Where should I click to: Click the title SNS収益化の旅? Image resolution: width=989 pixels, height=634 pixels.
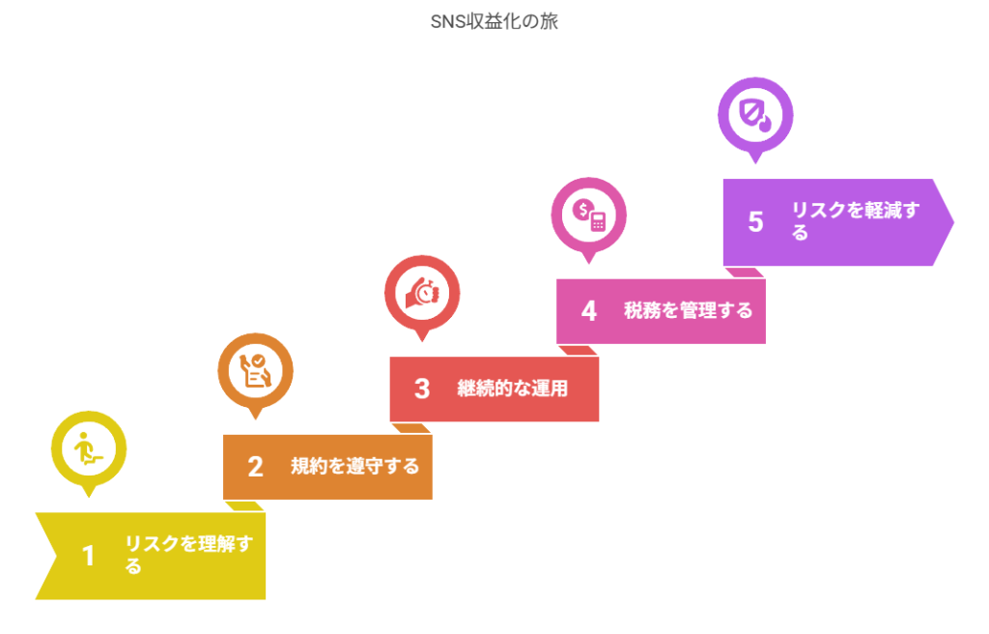(494, 21)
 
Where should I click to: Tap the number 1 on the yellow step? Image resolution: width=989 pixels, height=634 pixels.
(89, 556)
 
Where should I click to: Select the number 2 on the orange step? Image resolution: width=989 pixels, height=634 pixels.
(255, 467)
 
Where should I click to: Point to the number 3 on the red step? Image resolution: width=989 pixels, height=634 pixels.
(422, 389)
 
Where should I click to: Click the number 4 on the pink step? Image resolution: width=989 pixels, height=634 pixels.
(588, 311)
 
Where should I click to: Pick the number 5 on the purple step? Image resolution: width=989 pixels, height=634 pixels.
(755, 221)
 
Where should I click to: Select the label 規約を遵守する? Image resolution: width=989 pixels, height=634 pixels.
(355, 466)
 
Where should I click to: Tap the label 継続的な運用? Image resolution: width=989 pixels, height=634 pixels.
(512, 389)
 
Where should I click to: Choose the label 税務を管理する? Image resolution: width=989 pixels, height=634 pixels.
(688, 310)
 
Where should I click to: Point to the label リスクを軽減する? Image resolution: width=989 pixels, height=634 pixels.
(855, 221)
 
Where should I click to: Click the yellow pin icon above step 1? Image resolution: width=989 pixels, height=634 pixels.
(89, 447)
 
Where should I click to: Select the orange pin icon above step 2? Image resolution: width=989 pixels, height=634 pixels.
(255, 369)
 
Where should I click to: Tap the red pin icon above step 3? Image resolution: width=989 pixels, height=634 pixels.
(422, 292)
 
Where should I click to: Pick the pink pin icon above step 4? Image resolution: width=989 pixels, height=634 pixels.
(588, 214)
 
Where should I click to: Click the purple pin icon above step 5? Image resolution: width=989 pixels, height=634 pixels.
(755, 114)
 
